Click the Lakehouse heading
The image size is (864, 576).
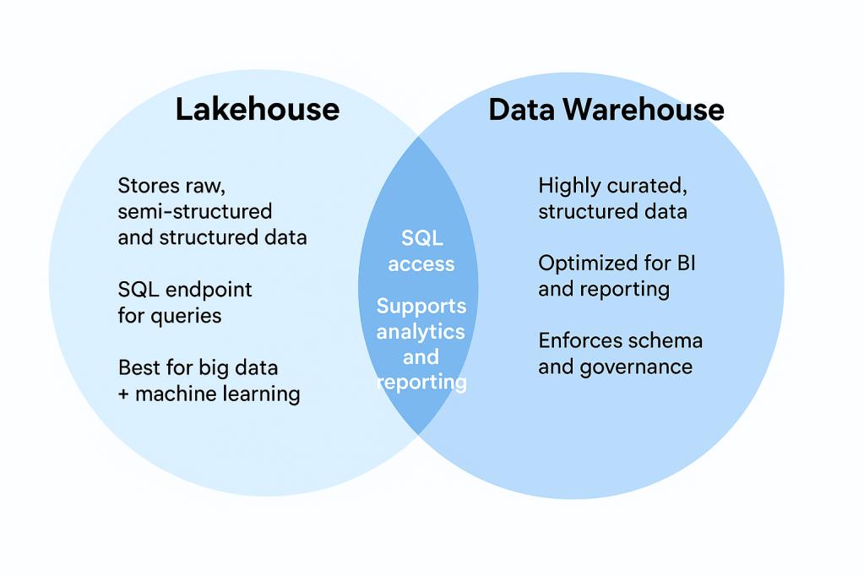[x=257, y=110]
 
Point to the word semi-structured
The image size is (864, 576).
[x=195, y=211]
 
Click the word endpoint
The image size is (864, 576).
[x=209, y=290]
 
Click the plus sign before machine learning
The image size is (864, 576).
[x=123, y=394]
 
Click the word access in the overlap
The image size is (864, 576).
[x=421, y=264]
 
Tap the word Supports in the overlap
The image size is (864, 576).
[x=421, y=306]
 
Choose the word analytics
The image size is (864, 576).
[x=421, y=331]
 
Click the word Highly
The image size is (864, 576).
[x=569, y=186]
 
